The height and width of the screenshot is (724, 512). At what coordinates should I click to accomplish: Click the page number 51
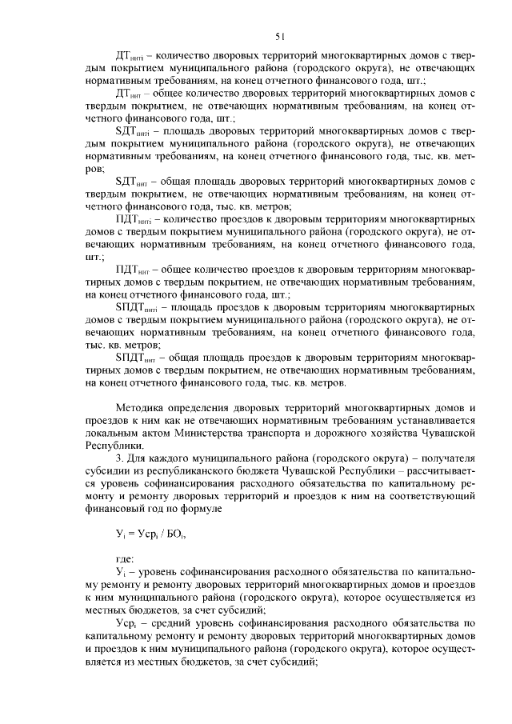[281, 36]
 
